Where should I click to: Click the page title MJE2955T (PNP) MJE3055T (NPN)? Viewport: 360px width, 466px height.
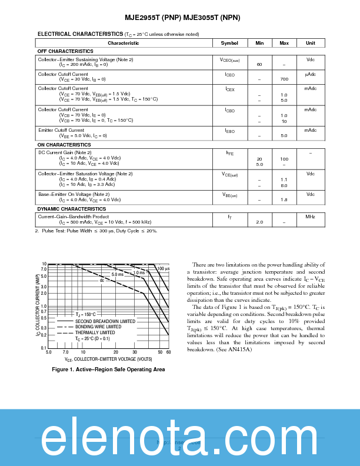(x=180, y=18)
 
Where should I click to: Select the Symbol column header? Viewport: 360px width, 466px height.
(x=229, y=43)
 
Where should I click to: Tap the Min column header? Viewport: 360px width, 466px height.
(x=259, y=43)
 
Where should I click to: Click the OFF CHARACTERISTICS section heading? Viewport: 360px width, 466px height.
(x=65, y=51)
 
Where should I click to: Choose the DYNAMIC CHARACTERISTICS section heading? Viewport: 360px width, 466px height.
(x=72, y=209)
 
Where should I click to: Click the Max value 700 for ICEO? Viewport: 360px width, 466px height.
(x=284, y=79)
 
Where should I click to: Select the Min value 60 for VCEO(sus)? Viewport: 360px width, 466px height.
(x=259, y=64)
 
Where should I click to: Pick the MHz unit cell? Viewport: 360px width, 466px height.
(x=310, y=217)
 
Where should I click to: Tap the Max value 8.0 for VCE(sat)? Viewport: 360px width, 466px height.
(x=284, y=185)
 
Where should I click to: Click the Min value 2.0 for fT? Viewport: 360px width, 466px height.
(x=259, y=222)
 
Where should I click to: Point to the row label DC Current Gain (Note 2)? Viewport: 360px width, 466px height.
(x=65, y=152)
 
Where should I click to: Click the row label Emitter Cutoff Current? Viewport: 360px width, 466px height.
(x=61, y=130)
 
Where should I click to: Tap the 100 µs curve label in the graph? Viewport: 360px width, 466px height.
(x=163, y=268)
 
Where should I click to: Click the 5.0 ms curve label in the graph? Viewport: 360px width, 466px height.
(x=118, y=274)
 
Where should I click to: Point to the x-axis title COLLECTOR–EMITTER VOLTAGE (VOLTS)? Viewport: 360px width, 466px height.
(x=109, y=358)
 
